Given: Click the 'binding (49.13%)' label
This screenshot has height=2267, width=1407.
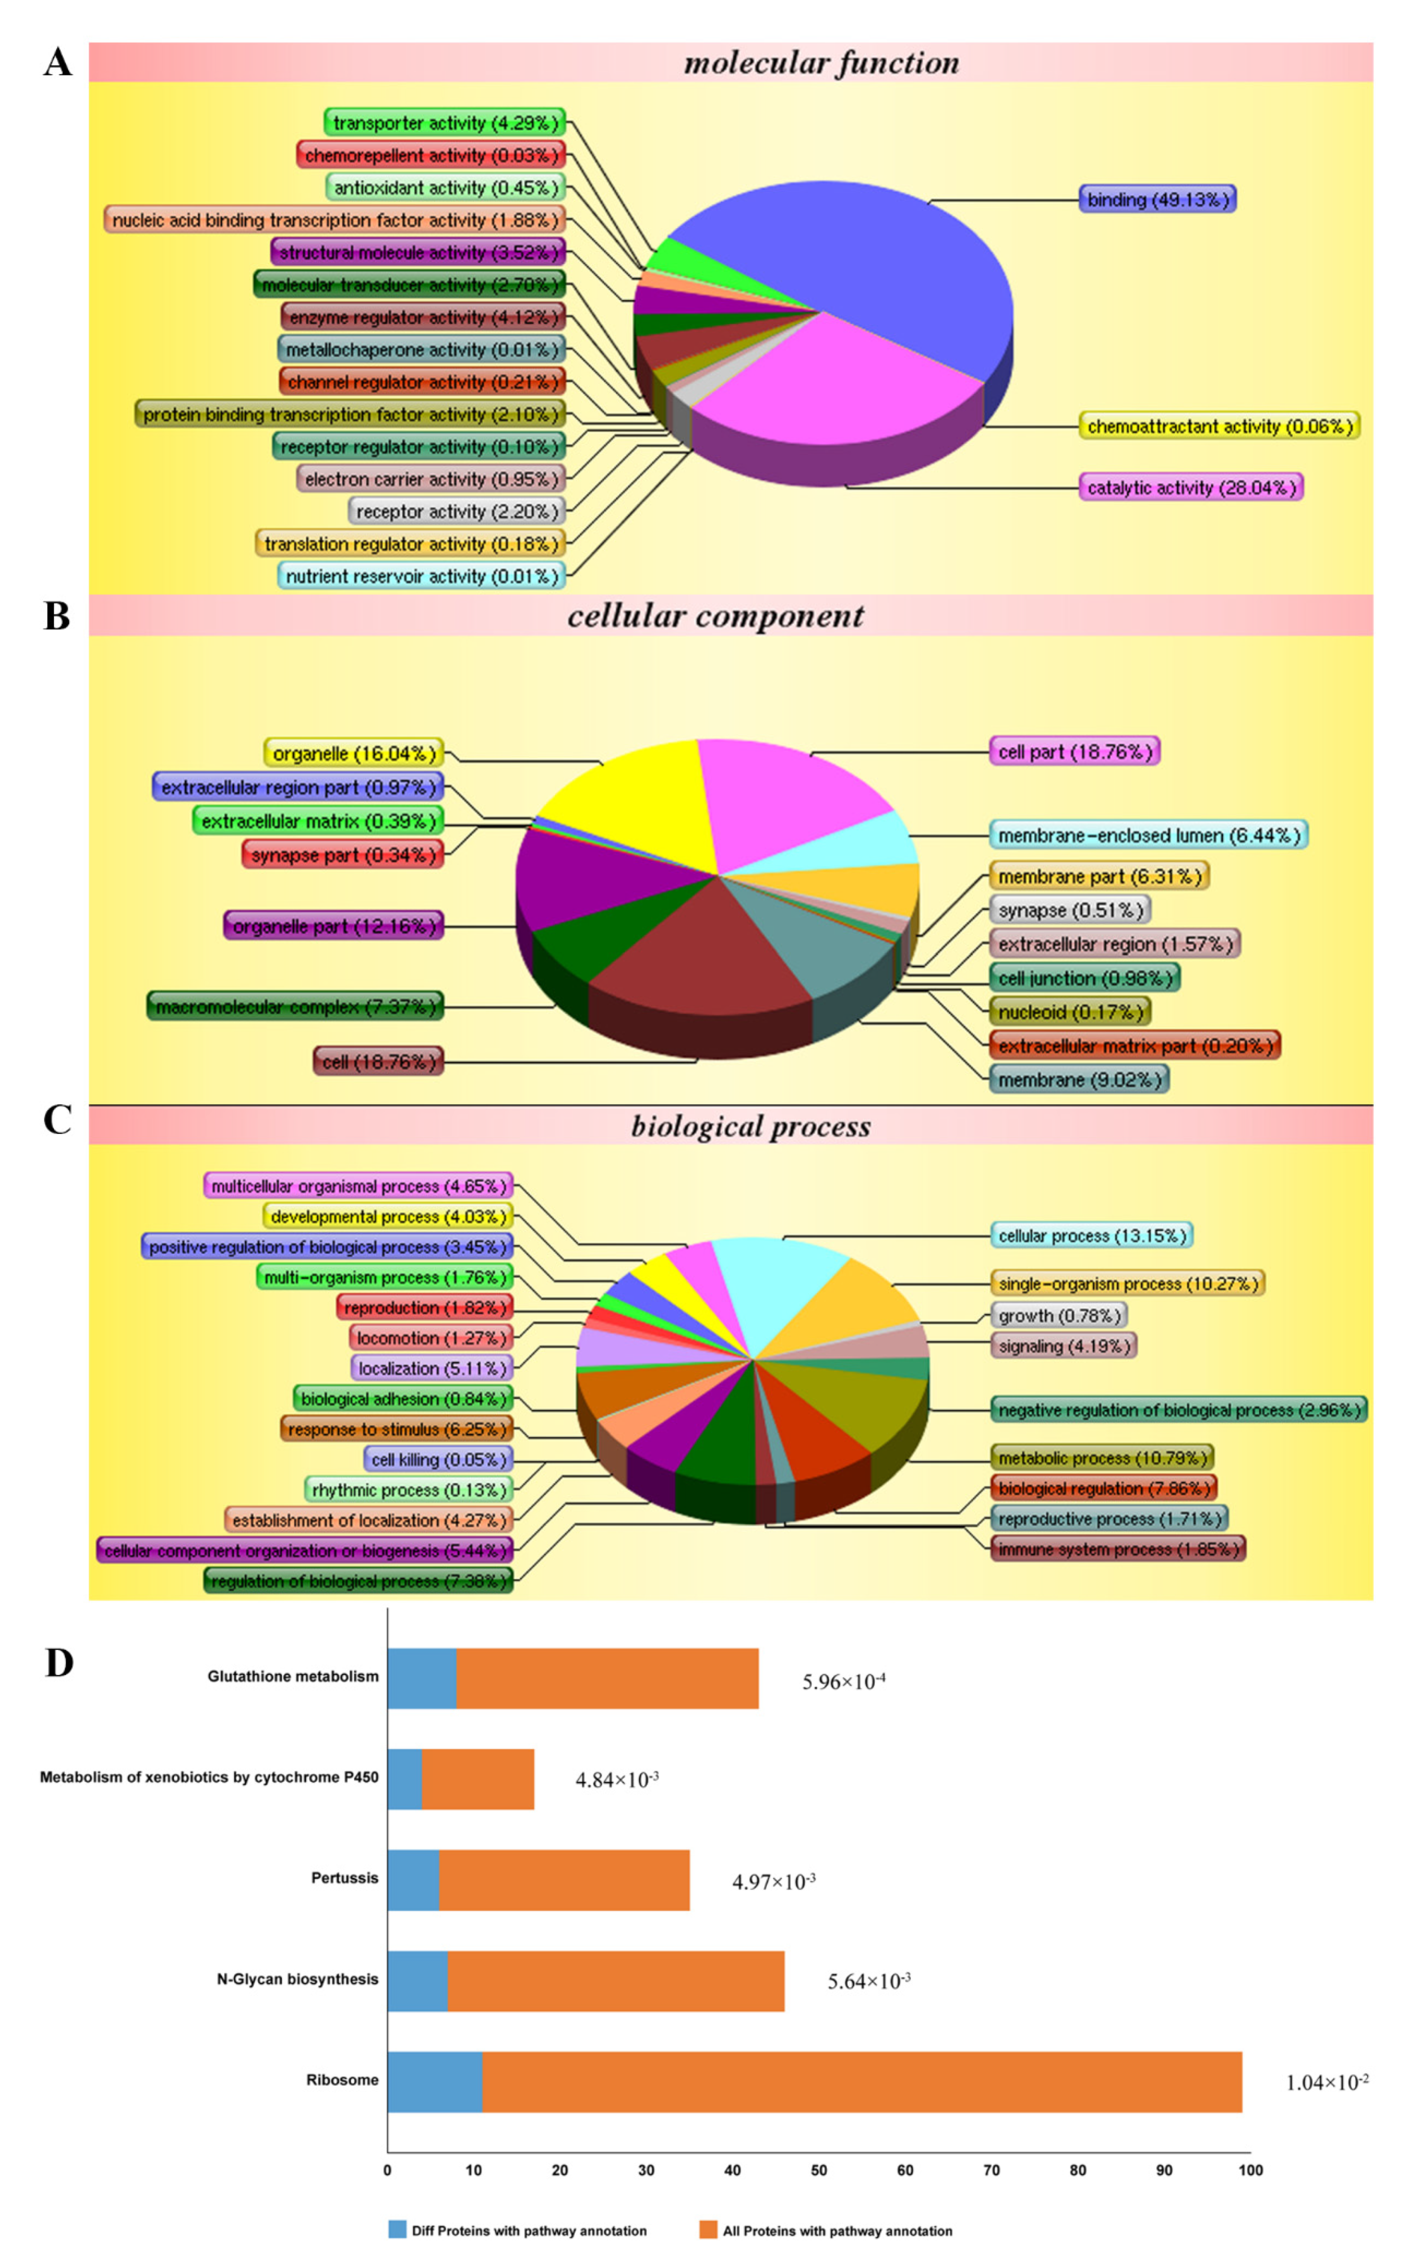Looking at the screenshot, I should pyautogui.click(x=1156, y=199).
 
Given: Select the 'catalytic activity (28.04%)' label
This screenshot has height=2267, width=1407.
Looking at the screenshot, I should pyautogui.click(x=1190, y=487).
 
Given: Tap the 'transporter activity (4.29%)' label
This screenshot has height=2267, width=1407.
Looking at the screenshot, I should pyautogui.click(x=445, y=123).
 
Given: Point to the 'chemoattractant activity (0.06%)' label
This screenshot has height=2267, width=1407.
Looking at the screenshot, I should pyautogui.click(x=1219, y=426).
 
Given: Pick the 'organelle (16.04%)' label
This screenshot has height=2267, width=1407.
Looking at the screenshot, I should pyautogui.click(x=353, y=753).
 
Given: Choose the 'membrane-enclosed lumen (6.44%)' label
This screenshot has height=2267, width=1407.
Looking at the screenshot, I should pyautogui.click(x=1148, y=835).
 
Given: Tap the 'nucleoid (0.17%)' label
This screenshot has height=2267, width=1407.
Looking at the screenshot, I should pyautogui.click(x=1069, y=1011).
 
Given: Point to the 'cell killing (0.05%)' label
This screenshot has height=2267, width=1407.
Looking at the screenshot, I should pyautogui.click(x=439, y=1459).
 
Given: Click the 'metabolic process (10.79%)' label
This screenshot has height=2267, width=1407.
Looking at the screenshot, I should pyautogui.click(x=1102, y=1457).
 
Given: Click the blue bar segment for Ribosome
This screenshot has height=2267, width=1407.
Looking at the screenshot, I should pyautogui.click(x=434, y=2082).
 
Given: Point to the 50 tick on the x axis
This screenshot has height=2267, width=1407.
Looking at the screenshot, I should pyautogui.click(x=818, y=2170).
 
